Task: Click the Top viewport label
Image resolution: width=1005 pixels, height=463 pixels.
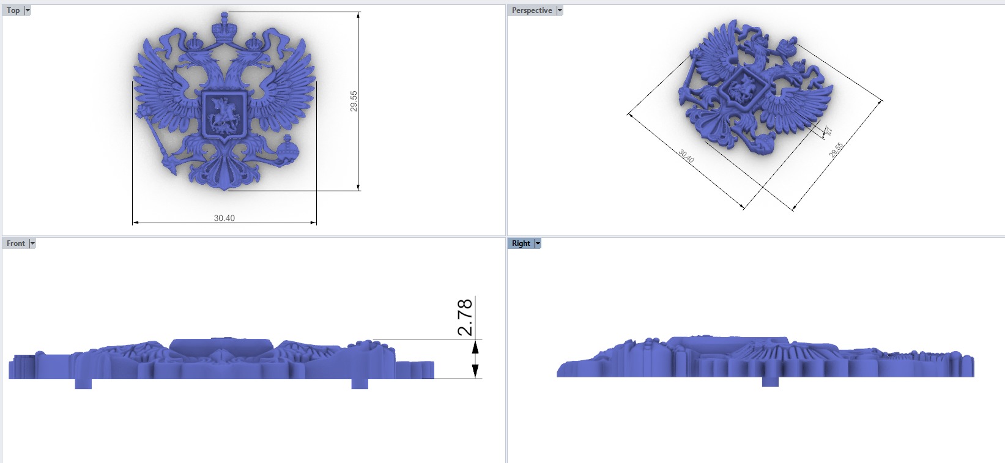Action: pos(13,10)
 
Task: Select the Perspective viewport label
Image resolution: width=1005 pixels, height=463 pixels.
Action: pos(531,10)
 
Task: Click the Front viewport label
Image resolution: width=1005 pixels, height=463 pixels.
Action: pos(15,243)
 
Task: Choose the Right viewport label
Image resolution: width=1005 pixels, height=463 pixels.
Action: pos(521,243)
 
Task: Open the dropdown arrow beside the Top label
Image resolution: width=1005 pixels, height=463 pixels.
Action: pos(28,10)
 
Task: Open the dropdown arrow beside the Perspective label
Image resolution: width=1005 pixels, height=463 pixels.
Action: pos(559,10)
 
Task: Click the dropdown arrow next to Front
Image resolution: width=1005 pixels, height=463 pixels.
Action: pos(32,243)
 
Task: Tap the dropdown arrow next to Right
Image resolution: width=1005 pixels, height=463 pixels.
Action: pos(538,243)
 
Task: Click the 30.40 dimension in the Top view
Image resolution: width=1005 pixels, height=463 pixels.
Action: pos(224,218)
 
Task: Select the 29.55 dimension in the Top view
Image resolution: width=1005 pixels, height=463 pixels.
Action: pos(354,101)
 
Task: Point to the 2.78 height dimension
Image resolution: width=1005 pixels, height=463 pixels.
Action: pos(465,317)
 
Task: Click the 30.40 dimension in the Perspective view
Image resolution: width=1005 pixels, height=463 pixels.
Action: pos(686,156)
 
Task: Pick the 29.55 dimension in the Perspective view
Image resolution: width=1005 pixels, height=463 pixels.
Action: pos(836,150)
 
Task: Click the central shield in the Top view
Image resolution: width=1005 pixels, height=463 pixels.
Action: pos(223,114)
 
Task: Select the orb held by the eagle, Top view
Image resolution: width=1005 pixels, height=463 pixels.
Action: pos(286,150)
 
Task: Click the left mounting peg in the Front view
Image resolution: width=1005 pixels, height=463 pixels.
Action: pos(83,383)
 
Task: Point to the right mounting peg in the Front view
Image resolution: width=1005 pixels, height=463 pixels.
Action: pos(360,383)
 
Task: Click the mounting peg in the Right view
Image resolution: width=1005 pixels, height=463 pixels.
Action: pos(770,381)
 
